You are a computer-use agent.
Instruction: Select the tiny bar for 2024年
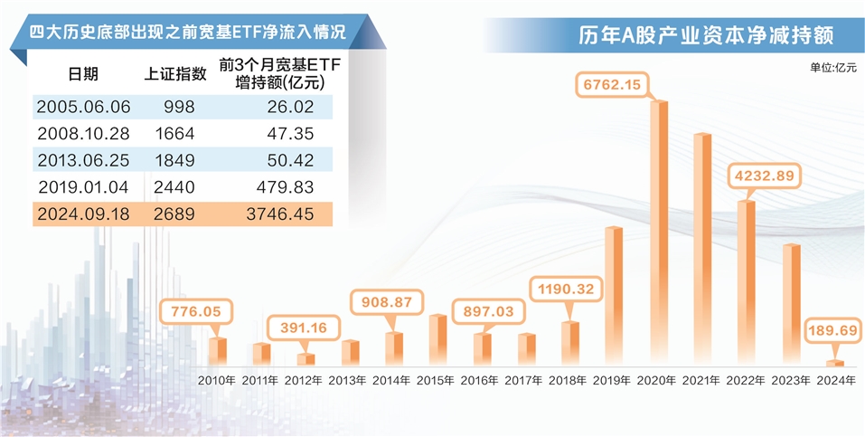tap(835, 363)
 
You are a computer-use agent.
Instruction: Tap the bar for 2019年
tap(614, 296)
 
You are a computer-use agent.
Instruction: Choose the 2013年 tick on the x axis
tap(349, 380)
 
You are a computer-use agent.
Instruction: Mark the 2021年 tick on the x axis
tap(701, 380)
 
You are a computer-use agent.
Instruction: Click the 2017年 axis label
tap(525, 380)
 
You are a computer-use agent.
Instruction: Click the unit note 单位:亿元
tap(832, 68)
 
